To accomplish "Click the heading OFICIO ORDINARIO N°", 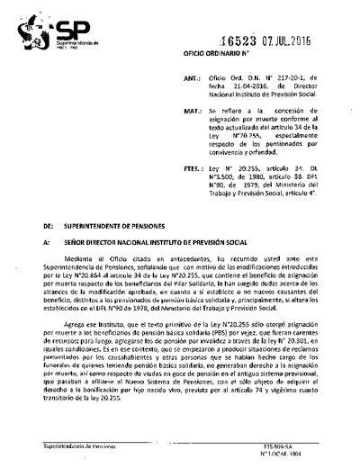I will [225, 59].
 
